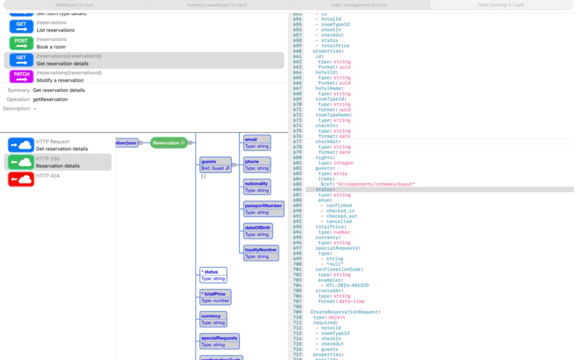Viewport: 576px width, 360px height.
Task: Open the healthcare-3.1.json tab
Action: (x=75, y=5)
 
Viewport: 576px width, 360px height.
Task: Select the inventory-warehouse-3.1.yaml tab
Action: (x=216, y=5)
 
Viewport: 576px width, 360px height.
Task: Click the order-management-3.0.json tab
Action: (x=359, y=5)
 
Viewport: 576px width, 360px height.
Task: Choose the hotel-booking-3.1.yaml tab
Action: (x=501, y=5)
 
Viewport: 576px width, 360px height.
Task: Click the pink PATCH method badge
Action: (x=21, y=76)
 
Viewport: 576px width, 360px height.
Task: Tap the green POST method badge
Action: (x=21, y=43)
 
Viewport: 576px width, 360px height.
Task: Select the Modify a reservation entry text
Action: (x=61, y=80)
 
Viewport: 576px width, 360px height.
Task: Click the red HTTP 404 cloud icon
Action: (x=21, y=179)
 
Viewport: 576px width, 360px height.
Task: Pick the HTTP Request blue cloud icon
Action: (x=21, y=145)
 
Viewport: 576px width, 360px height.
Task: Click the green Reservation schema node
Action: (x=169, y=143)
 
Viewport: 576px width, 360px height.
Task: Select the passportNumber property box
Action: (x=264, y=209)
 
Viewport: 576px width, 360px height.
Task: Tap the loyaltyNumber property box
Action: (x=261, y=253)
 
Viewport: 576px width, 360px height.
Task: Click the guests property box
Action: (x=215, y=165)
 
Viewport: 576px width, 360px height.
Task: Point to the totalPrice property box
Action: (x=215, y=297)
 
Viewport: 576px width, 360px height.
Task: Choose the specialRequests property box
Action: (x=219, y=341)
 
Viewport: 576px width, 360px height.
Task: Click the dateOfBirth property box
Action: (x=258, y=231)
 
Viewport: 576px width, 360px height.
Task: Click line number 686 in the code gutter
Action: (x=297, y=190)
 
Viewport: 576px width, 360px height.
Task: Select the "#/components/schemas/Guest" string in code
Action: (x=375, y=184)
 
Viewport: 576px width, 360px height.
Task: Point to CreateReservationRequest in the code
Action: (x=345, y=312)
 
